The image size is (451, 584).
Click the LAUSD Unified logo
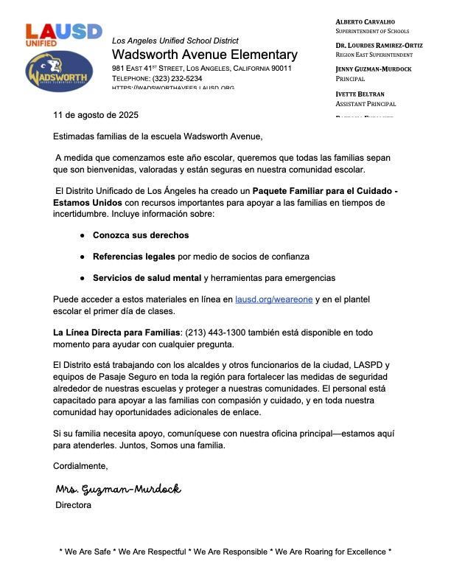63,35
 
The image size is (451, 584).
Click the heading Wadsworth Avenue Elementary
205,55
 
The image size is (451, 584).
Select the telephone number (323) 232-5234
177,78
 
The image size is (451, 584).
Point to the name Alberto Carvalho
365,22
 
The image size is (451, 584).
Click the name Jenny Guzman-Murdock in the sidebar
383,69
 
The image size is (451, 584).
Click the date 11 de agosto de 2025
96,116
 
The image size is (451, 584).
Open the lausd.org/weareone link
273,299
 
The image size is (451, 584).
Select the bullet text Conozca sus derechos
141,235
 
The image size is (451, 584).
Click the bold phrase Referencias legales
134,257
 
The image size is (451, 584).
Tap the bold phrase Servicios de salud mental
147,278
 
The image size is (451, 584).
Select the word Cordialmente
80,466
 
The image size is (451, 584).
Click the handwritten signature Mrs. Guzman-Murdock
118,490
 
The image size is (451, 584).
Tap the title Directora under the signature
74,506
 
